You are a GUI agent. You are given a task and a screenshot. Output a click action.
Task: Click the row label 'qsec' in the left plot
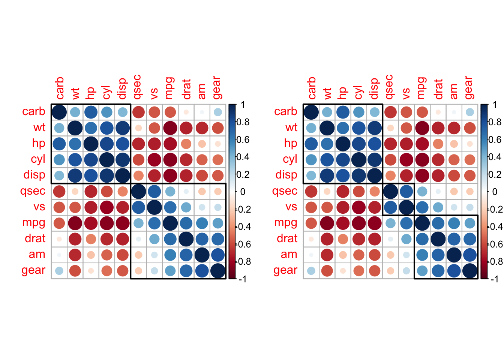tap(33, 191)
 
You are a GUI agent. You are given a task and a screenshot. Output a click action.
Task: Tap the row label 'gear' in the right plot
tap(285, 270)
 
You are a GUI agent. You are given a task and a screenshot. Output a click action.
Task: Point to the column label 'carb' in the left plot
tap(60, 88)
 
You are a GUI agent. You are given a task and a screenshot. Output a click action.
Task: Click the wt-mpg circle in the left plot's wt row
tap(170, 128)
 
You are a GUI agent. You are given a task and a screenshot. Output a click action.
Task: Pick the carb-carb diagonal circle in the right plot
tap(311, 112)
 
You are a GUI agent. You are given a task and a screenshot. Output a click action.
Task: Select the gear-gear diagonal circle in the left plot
tap(217, 270)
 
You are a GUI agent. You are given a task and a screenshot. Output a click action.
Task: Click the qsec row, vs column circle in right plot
tap(406, 191)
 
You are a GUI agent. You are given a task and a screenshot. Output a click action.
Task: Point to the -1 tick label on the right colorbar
tap(495, 279)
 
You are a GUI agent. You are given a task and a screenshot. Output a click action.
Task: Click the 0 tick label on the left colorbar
tap(243, 192)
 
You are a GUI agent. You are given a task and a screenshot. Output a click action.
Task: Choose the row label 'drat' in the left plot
tap(35, 238)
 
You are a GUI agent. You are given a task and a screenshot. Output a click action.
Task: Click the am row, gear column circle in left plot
tap(217, 255)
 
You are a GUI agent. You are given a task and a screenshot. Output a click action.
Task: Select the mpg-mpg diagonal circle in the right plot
tap(422, 223)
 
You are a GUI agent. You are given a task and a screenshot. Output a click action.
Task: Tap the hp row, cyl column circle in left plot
tap(107, 144)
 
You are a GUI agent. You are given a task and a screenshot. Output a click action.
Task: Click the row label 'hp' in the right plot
tap(291, 143)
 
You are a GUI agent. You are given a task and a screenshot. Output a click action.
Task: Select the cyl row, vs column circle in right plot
tap(406, 159)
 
